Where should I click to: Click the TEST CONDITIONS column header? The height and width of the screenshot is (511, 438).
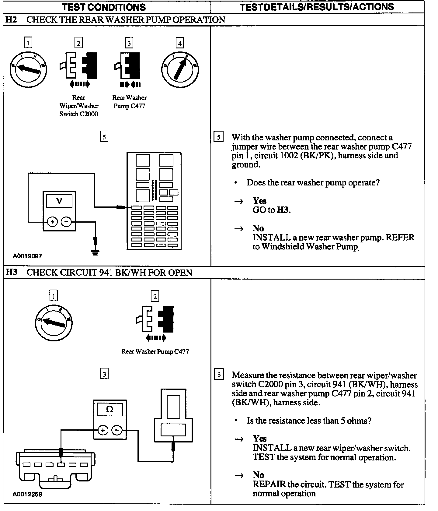(104, 7)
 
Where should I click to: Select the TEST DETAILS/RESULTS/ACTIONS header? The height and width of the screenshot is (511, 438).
(317, 7)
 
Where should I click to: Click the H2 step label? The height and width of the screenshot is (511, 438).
(11, 20)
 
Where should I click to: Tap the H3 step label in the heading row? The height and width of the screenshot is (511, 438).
(11, 272)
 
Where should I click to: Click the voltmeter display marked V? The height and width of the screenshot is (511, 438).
(59, 201)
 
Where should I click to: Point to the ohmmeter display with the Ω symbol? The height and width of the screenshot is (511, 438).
(109, 409)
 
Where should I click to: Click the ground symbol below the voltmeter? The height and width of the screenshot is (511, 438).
(96, 252)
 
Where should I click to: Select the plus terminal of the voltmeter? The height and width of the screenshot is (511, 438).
(52, 222)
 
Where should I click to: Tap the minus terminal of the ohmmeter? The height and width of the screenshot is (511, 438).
(117, 430)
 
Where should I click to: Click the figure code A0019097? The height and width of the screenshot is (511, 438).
(27, 256)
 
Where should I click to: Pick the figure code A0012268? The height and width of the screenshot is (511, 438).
(27, 494)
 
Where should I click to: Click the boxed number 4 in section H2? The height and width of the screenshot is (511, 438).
(180, 43)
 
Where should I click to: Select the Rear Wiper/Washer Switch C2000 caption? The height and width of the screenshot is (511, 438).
(79, 106)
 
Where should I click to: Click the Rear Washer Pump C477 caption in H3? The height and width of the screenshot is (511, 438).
(155, 351)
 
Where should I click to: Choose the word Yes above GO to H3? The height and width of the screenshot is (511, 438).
(259, 201)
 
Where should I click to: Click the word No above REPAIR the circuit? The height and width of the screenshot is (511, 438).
(259, 475)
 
